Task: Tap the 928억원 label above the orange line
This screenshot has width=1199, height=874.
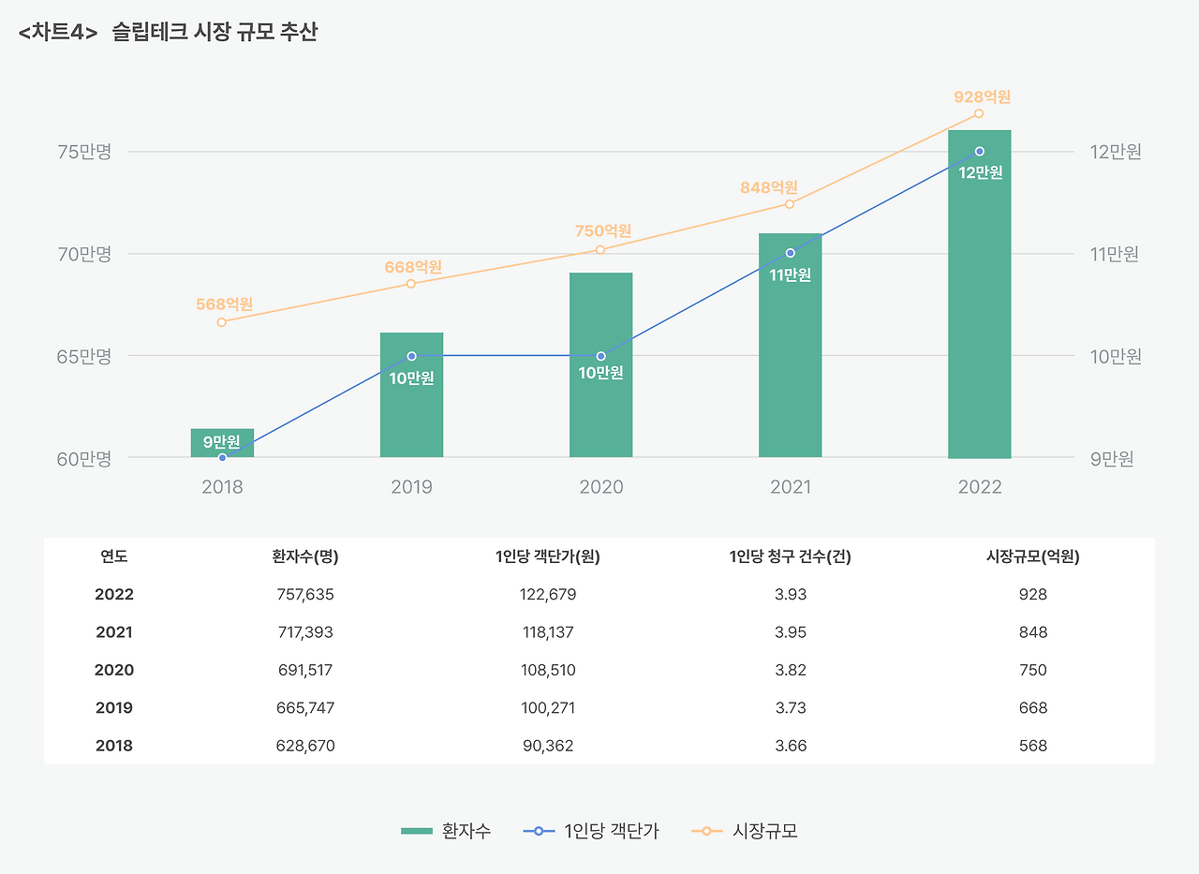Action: pos(982,96)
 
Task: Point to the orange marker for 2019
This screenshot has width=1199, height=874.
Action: pos(411,283)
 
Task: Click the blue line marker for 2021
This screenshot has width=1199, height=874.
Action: pos(790,253)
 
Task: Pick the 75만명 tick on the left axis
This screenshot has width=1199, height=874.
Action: pos(83,152)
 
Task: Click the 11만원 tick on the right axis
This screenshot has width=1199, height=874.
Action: pos(1115,254)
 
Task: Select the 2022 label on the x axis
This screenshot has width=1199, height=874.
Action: pos(979,487)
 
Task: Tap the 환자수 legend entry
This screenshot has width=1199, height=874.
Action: pos(446,831)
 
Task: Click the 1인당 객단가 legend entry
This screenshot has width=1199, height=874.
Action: pos(592,831)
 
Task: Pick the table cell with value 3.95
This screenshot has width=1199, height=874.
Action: pos(791,632)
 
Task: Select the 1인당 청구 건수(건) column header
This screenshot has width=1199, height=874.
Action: pos(790,556)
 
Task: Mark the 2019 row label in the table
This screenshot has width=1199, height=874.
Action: pos(114,708)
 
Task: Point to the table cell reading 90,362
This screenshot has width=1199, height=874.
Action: pos(548,747)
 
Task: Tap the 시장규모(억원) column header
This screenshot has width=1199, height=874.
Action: pos(1033,556)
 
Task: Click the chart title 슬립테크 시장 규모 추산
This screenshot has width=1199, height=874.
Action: pos(215,33)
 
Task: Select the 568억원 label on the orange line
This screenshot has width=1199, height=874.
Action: pos(224,304)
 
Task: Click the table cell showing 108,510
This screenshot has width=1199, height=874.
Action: pos(549,671)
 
